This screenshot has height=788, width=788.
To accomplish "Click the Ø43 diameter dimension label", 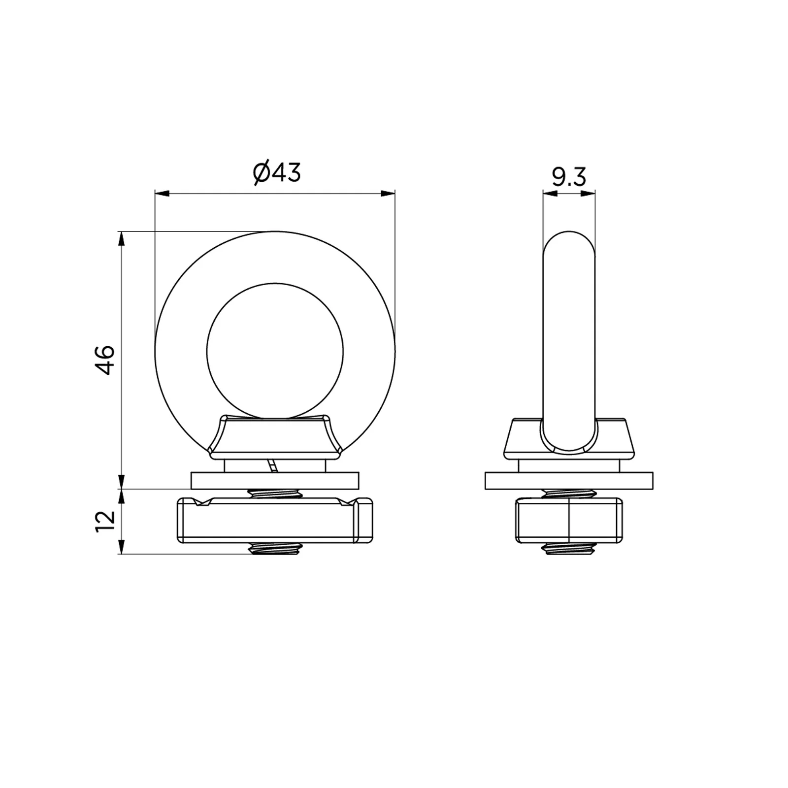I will click(277, 173).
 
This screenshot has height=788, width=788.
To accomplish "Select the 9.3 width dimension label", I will click(569, 177).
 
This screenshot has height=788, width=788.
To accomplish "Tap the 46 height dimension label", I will click(105, 360).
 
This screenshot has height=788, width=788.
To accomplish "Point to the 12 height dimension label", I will click(105, 521).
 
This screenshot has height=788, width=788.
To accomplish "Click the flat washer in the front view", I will click(275, 480).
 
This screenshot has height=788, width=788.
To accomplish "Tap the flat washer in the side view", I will click(569, 481).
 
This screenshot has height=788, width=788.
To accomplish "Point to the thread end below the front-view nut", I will click(274, 549).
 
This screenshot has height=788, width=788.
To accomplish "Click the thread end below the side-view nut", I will click(568, 549).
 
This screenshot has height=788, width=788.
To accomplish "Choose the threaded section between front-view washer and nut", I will click(274, 494).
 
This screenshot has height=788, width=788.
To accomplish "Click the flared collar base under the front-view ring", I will click(275, 436).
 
